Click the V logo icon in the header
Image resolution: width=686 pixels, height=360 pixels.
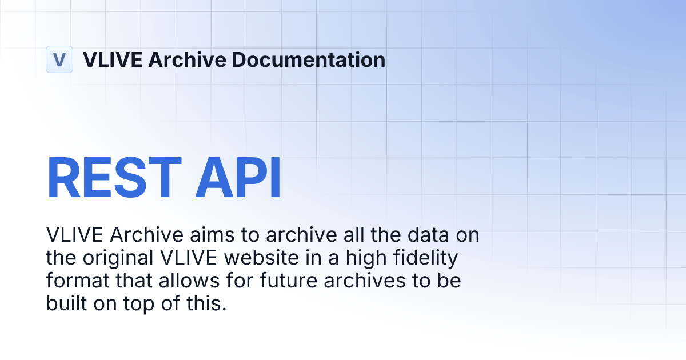pos(59,59)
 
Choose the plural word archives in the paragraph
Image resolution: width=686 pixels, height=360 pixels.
pos(354,281)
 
